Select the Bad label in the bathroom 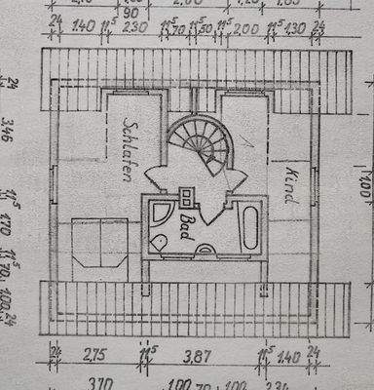[x=183, y=230]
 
